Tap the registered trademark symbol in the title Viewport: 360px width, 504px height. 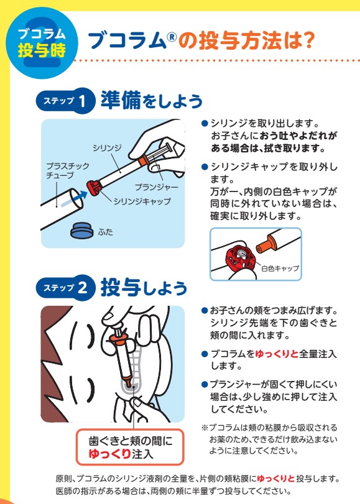click(172, 37)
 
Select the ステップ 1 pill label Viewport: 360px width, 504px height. click(65, 101)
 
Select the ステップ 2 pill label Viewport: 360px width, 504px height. click(65, 288)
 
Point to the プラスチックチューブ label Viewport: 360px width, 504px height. click(68, 171)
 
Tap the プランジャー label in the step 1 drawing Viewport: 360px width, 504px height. click(156, 187)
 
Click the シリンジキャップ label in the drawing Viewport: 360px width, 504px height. click(142, 201)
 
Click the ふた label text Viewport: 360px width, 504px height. click(105, 232)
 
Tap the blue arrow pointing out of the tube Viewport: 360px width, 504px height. click(74, 199)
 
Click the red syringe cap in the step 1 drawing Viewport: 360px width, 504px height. click(94, 188)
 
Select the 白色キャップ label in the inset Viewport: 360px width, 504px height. click(280, 268)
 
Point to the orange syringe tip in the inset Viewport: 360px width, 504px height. click(265, 244)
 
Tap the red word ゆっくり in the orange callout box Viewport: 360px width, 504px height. click(109, 454)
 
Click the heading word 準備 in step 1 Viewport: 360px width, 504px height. click(121, 100)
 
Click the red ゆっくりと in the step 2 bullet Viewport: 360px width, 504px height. click(277, 354)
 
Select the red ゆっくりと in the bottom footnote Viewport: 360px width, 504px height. click(275, 479)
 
